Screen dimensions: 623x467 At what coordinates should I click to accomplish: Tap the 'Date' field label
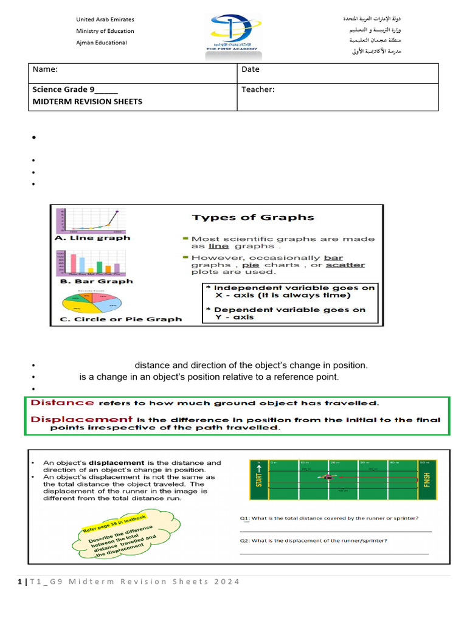pyautogui.click(x=251, y=69)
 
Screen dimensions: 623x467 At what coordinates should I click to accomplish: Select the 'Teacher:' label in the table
pyautogui.click(x=258, y=90)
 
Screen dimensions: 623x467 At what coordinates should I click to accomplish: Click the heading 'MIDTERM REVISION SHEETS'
pyautogui.click(x=88, y=102)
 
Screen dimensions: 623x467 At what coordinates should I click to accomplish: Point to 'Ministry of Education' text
pyautogui.click(x=105, y=31)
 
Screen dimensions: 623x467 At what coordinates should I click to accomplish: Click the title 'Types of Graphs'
pyautogui.click(x=253, y=217)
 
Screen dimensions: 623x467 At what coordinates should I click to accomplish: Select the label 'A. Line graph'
pyautogui.click(x=92, y=238)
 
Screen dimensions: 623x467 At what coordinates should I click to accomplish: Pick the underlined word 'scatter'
pyautogui.click(x=345, y=265)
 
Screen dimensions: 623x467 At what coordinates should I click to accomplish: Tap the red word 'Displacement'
pyautogui.click(x=81, y=419)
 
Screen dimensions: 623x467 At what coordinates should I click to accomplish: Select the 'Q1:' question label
pyautogui.click(x=244, y=518)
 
